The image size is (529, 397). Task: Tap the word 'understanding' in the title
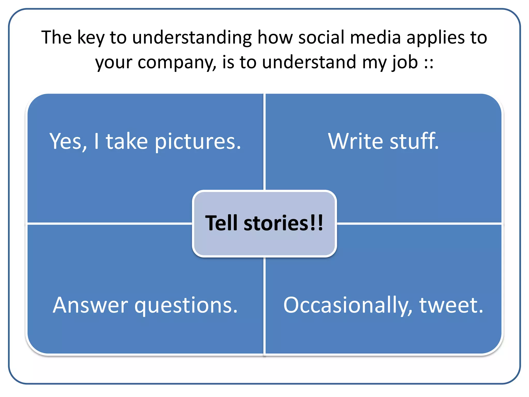click(x=192, y=38)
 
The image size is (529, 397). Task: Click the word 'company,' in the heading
click(x=177, y=63)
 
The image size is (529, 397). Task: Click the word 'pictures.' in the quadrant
click(x=198, y=142)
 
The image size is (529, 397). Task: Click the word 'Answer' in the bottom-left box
click(x=90, y=305)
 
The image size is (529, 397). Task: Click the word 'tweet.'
click(x=451, y=306)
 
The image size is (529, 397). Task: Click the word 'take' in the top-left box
click(x=127, y=141)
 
